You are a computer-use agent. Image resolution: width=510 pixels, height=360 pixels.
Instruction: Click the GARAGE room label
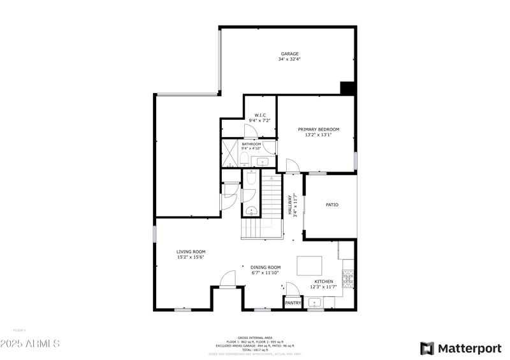tap(290, 54)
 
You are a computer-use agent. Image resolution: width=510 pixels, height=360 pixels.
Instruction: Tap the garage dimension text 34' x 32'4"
tap(290, 59)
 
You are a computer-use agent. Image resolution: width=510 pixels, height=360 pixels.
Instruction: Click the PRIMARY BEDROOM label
tap(319, 129)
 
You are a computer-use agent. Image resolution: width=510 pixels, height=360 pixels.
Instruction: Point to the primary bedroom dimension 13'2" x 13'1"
tap(319, 134)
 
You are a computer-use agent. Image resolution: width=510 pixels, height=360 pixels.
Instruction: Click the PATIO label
tap(331, 205)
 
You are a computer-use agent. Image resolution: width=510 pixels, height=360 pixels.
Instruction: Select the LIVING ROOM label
tap(191, 252)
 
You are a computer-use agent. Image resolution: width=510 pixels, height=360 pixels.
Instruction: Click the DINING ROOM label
tap(265, 267)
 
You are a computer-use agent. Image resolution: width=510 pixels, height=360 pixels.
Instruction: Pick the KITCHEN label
tap(323, 281)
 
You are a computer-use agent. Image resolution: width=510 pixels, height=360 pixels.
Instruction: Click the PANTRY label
tap(293, 303)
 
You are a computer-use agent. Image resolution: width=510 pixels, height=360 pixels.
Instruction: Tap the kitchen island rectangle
tap(309, 264)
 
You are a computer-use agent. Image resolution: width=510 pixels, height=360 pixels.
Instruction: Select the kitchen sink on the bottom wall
tap(315, 303)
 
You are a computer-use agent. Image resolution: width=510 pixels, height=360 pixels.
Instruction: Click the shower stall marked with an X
tap(229, 154)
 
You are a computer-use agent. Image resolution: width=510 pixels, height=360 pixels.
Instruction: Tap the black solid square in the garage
tap(347, 89)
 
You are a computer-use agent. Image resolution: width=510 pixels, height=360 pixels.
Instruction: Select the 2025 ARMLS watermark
tap(30, 344)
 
